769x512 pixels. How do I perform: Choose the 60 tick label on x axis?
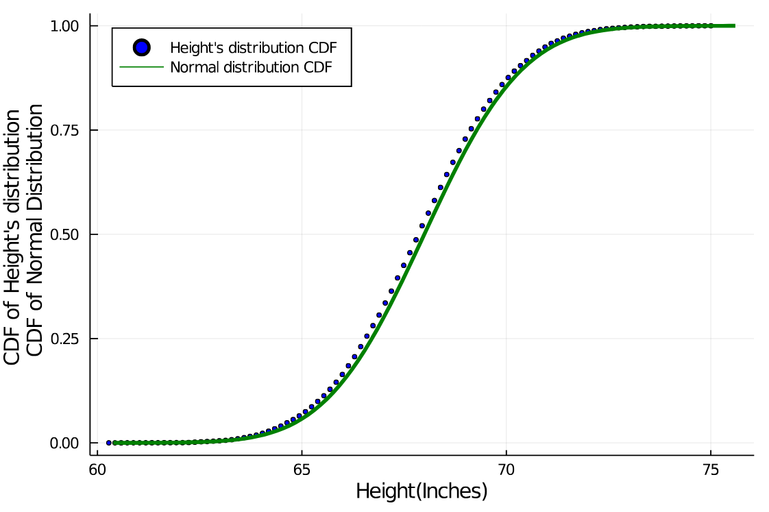[97, 471]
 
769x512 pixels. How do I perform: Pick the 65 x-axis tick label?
[302, 471]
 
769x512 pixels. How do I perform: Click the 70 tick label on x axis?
[506, 471]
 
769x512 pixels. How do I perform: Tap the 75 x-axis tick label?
[710, 471]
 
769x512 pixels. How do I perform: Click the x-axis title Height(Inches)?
[422, 491]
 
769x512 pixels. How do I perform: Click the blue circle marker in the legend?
[141, 48]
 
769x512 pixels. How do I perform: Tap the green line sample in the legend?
[141, 67]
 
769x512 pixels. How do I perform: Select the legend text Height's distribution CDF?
[253, 48]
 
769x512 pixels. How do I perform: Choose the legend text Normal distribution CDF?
[251, 67]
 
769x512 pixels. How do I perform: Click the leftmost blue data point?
[109, 443]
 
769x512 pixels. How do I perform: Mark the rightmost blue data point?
[710, 26]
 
